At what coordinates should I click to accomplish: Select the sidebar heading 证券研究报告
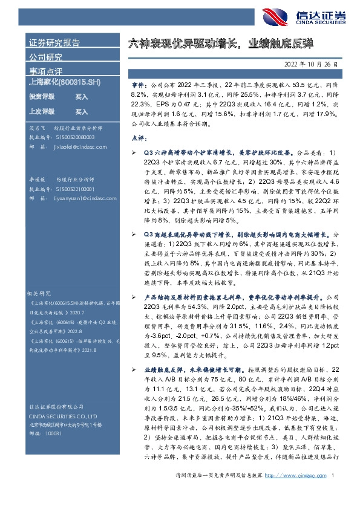(54, 43)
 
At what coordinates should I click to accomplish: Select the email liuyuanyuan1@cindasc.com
(75, 198)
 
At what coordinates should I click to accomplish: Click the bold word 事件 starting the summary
(138, 86)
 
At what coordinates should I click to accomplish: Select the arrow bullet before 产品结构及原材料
(134, 298)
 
